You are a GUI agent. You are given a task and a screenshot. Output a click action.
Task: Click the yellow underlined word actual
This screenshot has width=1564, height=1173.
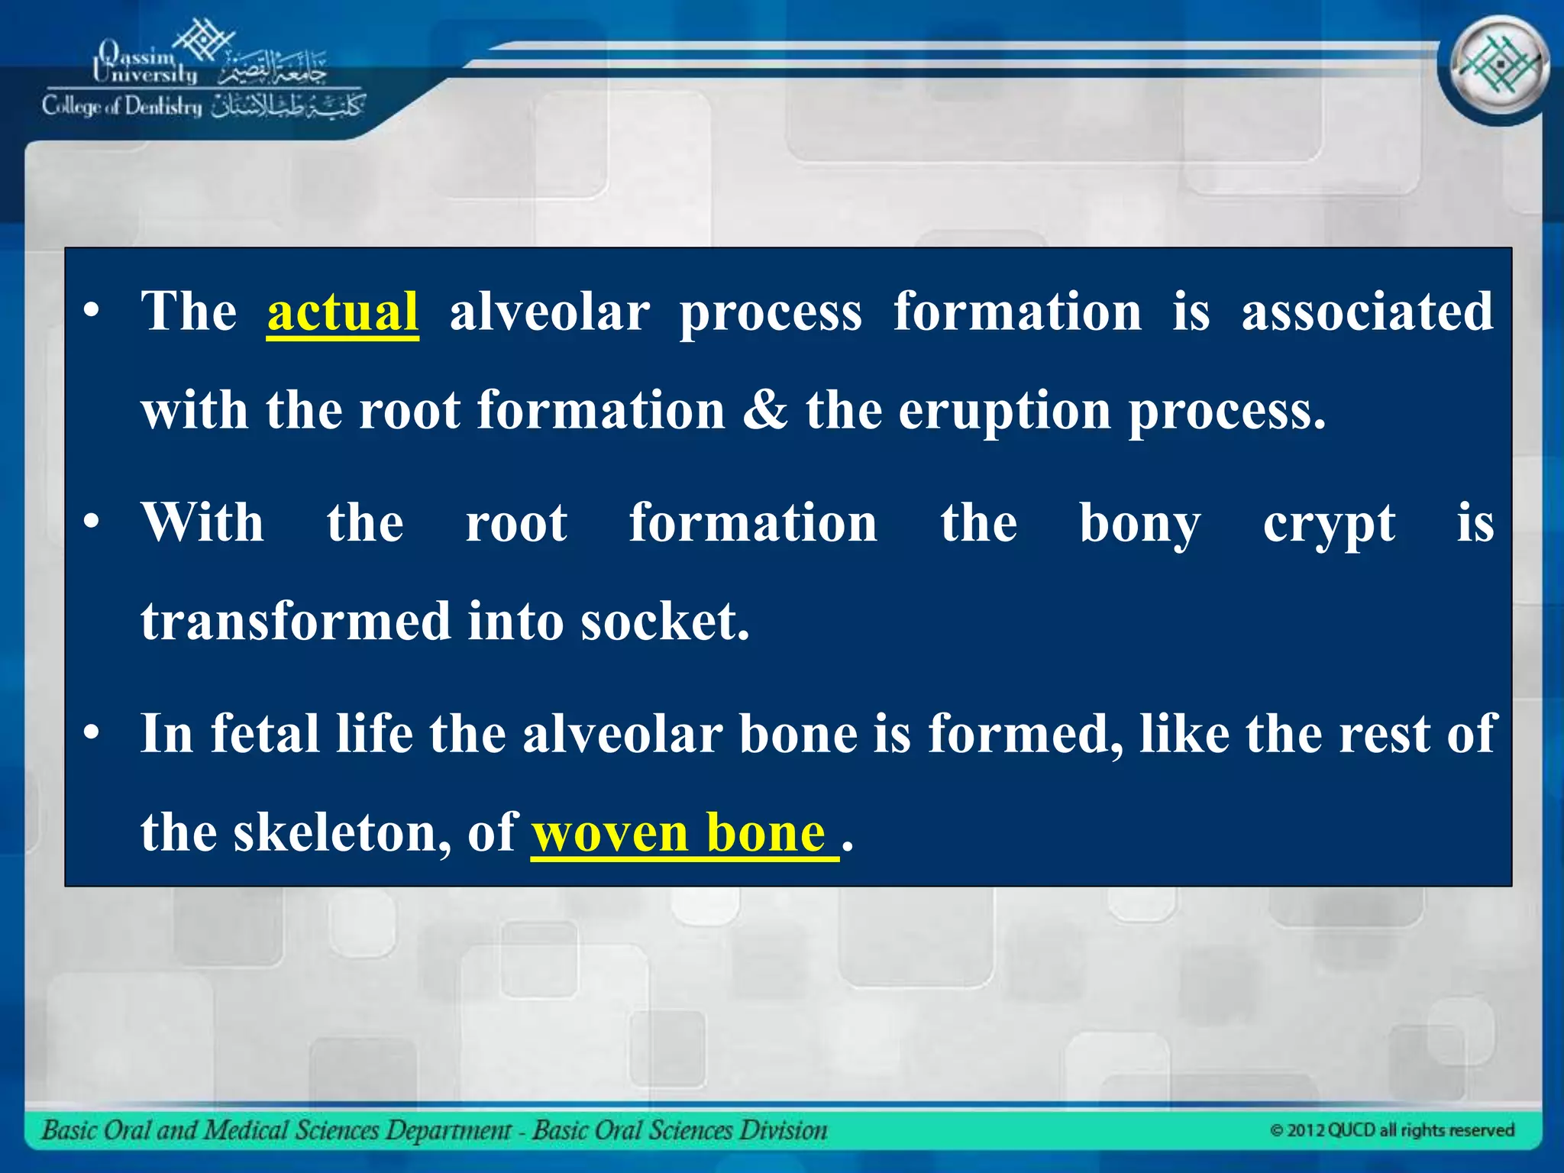(342, 312)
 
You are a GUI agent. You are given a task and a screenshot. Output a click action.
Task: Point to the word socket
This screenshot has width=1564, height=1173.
(664, 621)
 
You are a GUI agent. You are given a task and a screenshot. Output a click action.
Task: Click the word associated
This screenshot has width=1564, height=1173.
(1367, 312)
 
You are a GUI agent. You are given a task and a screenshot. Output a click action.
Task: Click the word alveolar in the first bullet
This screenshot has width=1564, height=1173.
(549, 312)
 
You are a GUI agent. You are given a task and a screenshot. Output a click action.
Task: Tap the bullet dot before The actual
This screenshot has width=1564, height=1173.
(92, 312)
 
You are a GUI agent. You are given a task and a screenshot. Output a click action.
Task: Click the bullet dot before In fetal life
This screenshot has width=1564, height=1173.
(92, 734)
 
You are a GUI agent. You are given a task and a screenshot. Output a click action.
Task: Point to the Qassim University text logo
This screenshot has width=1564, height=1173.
(145, 63)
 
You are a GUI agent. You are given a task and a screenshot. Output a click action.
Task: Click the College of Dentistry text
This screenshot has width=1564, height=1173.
(122, 106)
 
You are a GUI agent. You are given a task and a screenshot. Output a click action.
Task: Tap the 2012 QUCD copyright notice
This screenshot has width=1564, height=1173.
(1391, 1130)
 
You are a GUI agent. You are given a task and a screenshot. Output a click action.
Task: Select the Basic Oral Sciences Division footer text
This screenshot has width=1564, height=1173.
(679, 1130)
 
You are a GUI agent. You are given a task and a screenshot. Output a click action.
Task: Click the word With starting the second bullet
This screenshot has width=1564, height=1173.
(202, 524)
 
